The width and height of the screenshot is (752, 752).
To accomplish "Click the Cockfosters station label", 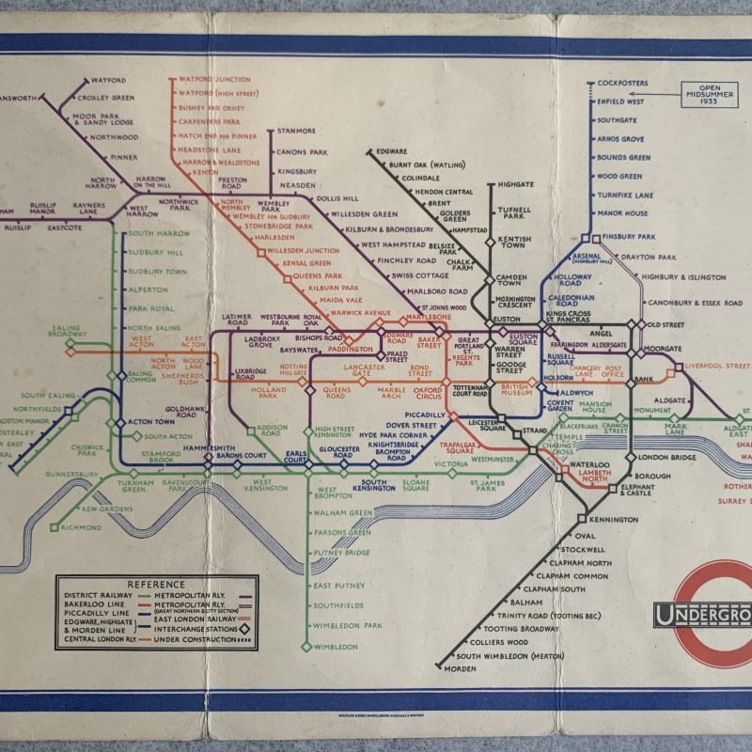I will pos(621,83).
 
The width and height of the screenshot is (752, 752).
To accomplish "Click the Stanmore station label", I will pos(296,132).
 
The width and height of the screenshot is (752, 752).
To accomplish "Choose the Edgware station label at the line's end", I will pos(391,151).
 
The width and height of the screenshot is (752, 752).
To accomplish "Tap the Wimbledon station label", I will pos(336,647).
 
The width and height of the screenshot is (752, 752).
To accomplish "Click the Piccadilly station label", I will pos(426,415).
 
